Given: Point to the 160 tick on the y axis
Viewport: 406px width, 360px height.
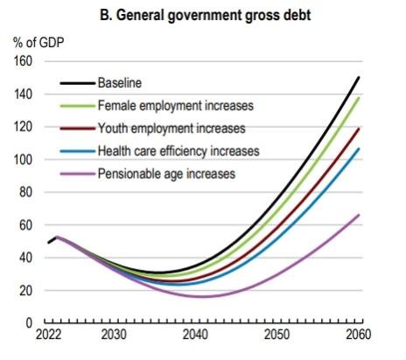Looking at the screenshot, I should click(x=20, y=61).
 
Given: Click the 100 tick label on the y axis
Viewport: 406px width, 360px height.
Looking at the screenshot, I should click(x=20, y=160).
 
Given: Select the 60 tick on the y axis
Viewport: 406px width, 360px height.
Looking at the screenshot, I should click(x=24, y=225).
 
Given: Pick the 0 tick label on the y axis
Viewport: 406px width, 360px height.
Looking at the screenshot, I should click(x=27, y=323).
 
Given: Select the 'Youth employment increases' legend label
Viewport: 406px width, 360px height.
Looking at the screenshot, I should click(x=172, y=129).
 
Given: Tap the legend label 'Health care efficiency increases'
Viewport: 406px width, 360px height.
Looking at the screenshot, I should click(x=183, y=152).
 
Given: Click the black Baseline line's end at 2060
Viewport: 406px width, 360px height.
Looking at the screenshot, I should click(x=359, y=78).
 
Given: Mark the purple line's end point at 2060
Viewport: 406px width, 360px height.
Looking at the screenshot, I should click(x=359, y=215).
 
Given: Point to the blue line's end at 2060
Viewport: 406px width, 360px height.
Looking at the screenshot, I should click(x=359, y=149).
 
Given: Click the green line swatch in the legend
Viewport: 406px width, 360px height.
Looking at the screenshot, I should click(x=76, y=106).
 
